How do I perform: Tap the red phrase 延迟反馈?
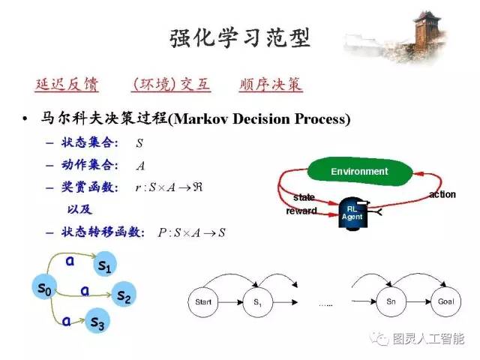(x=66, y=84)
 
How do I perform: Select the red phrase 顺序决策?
(x=271, y=84)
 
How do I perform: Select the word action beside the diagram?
(x=442, y=195)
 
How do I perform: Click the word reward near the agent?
(x=301, y=211)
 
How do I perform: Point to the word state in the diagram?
(x=304, y=197)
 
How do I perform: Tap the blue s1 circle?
(x=104, y=265)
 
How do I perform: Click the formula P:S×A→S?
(x=191, y=232)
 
